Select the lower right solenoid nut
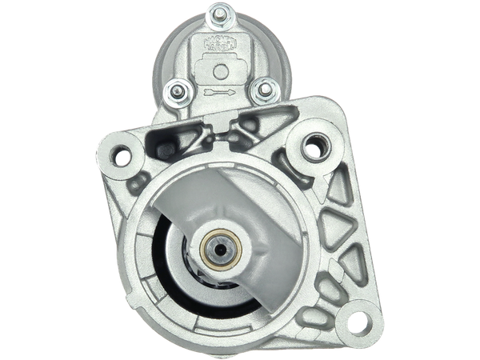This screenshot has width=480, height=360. coord(259,91)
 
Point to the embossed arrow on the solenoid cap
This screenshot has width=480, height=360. coord(218,94)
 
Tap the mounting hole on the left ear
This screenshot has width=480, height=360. coord(122,155)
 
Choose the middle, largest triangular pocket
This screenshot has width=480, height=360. coord(342,226)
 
